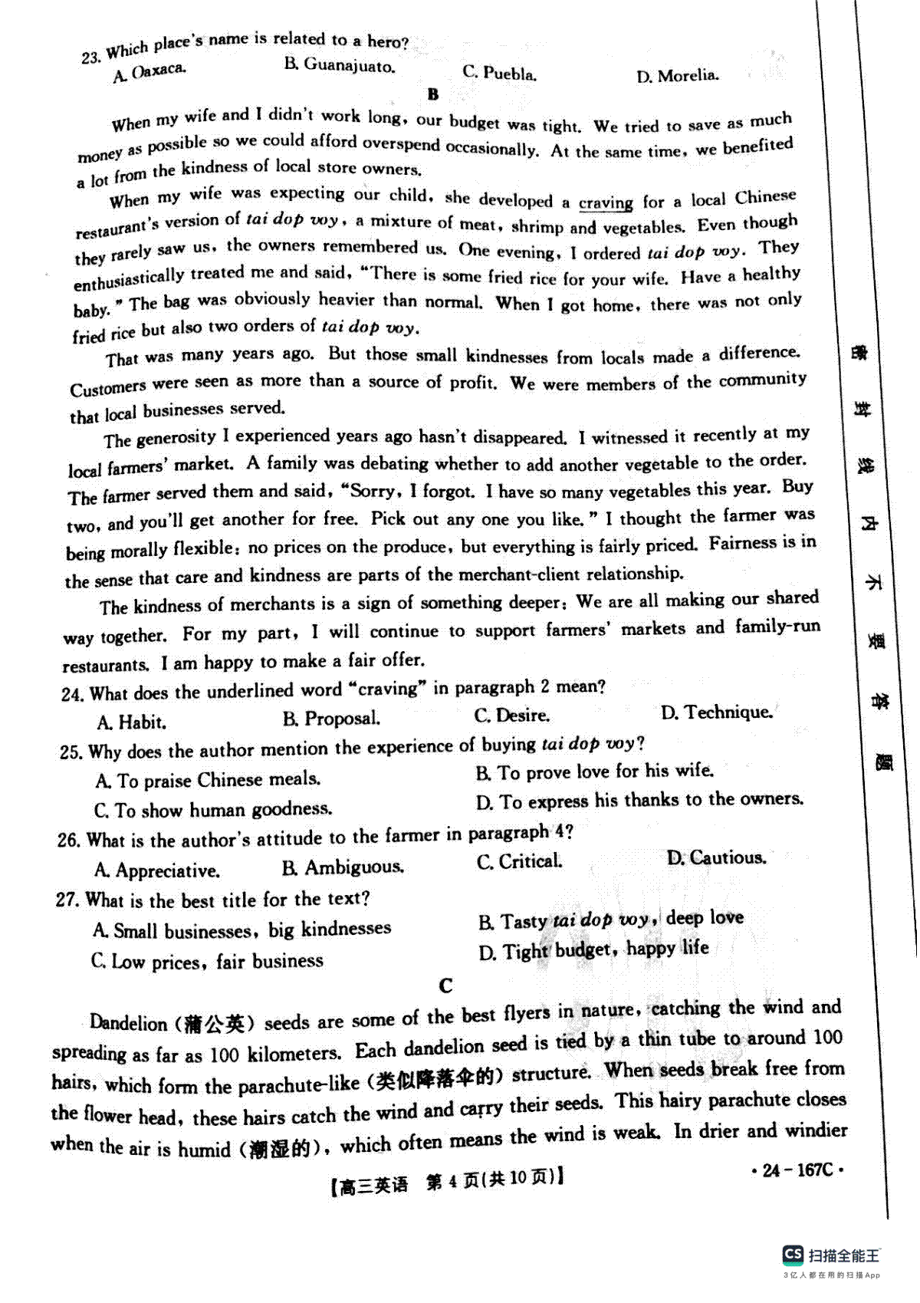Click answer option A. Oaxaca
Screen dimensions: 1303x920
tap(149, 72)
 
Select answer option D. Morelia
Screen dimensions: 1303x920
tap(677, 76)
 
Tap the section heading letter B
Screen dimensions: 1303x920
tap(433, 95)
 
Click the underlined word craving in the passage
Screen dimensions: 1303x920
tap(606, 203)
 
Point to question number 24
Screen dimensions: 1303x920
tap(71, 694)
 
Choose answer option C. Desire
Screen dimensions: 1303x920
tap(511, 716)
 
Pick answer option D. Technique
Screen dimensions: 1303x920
tap(716, 712)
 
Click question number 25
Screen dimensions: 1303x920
tap(71, 752)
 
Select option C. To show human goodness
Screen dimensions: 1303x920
tap(213, 810)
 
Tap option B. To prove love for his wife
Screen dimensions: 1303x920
tap(594, 772)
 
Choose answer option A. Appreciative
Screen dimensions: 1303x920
tap(156, 870)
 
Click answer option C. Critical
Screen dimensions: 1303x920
tap(519, 862)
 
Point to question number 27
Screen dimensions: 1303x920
tap(67, 900)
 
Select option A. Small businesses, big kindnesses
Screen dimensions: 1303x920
tap(242, 930)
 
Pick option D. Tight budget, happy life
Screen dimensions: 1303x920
tap(593, 951)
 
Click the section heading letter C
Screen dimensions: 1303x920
tap(446, 986)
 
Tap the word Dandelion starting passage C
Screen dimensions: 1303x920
tap(128, 1023)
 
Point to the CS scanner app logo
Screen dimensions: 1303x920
tap(793, 1255)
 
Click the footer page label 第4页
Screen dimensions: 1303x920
tap(452, 1183)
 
